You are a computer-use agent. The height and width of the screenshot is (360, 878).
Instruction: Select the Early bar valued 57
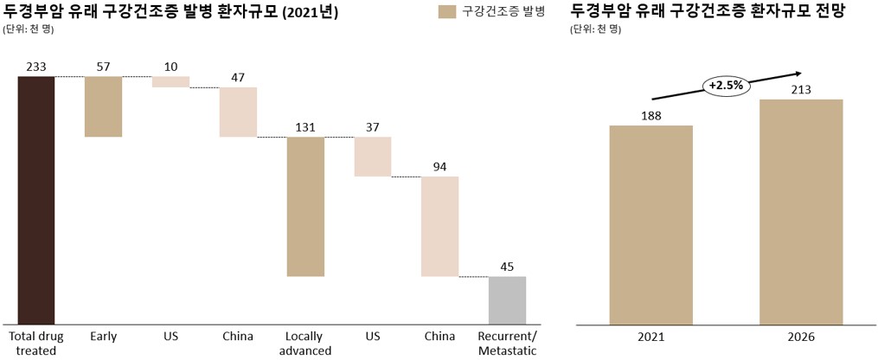click(103, 106)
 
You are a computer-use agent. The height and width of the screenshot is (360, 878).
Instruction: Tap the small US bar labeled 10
click(170, 81)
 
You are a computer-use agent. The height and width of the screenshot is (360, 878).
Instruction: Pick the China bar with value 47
click(238, 112)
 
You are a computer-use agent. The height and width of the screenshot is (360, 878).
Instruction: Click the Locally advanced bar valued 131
click(305, 206)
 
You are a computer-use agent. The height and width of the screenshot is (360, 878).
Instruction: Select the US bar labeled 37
click(373, 157)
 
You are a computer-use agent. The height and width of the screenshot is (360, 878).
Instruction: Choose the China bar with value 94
click(439, 226)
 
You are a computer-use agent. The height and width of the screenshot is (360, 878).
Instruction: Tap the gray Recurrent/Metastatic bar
click(507, 300)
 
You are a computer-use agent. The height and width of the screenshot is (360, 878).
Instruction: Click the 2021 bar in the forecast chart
click(650, 225)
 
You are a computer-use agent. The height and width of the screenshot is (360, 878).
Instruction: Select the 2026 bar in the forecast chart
click(801, 212)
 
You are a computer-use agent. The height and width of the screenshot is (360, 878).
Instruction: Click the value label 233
click(36, 67)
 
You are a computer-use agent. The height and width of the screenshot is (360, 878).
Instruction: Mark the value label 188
click(650, 114)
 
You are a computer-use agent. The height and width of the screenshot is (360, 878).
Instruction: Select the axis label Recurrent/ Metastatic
click(507, 344)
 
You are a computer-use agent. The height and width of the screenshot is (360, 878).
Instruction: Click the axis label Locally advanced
click(305, 344)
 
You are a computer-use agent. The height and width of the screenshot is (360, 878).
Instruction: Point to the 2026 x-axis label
click(801, 337)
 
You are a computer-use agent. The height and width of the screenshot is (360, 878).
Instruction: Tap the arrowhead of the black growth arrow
click(799, 74)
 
